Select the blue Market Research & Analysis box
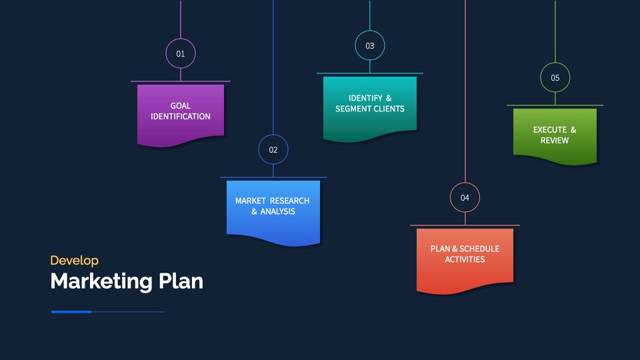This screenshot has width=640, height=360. point(273,212)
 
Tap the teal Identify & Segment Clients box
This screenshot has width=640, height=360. point(370,109)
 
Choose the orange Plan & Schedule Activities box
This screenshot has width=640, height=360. point(465,261)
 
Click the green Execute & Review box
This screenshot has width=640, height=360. point(555,136)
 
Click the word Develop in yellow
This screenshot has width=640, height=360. point(74,261)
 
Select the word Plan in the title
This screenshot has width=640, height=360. point(181,281)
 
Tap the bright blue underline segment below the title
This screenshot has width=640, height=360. point(71,312)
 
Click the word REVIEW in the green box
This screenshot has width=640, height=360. point(554,141)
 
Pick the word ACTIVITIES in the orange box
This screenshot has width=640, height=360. point(465,259)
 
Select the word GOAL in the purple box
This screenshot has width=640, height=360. point(181,106)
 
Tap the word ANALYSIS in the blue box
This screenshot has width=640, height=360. point(277,211)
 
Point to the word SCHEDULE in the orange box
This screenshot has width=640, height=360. point(479,249)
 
